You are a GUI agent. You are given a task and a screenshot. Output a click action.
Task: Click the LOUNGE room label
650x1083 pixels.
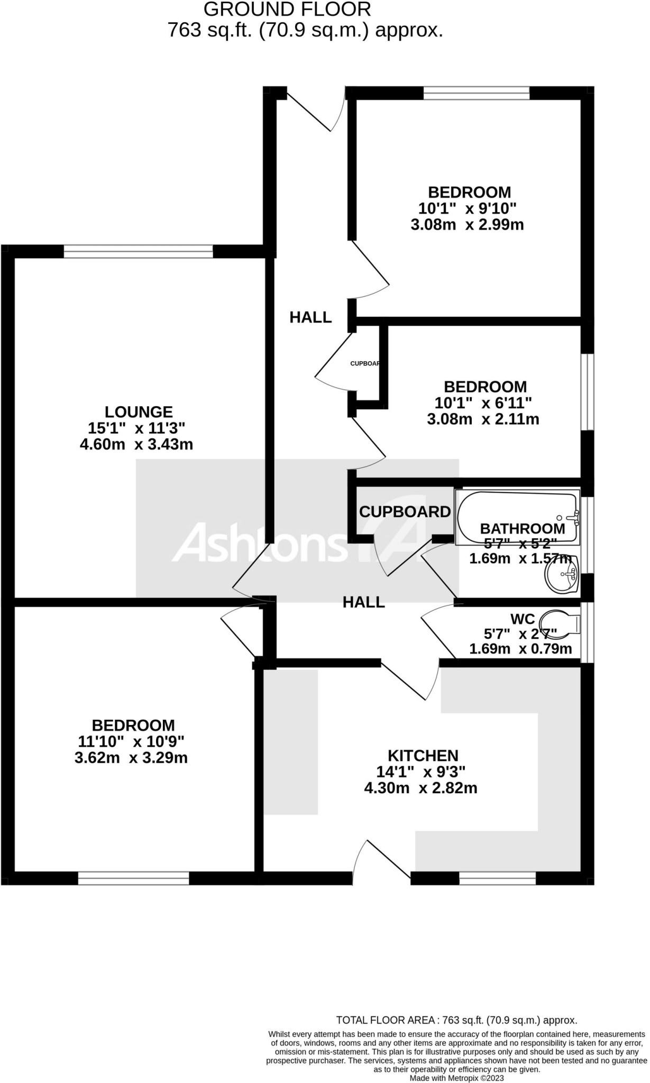pyautogui.click(x=139, y=412)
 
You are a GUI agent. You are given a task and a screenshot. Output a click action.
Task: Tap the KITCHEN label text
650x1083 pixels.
pyautogui.click(x=423, y=756)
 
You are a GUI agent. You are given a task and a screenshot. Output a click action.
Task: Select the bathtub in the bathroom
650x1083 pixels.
pyautogui.click(x=516, y=517)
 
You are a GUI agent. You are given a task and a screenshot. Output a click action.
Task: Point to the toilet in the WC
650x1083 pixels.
pyautogui.click(x=562, y=625)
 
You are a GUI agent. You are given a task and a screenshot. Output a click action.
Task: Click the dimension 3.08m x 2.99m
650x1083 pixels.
pyautogui.click(x=467, y=225)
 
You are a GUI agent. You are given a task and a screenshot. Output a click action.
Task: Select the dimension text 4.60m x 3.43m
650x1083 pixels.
pyautogui.click(x=136, y=444)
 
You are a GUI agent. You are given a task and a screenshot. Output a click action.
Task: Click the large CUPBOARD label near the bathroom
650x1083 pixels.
pyautogui.click(x=405, y=512)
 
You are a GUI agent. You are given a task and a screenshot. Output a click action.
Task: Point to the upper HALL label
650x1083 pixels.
pyautogui.click(x=310, y=317)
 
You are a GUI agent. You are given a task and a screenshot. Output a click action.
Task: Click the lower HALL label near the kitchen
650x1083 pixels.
pyautogui.click(x=363, y=602)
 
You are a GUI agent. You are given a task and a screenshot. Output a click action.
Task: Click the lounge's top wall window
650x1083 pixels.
pyautogui.click(x=138, y=251)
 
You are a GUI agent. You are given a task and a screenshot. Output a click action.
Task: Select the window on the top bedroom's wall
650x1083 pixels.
pyautogui.click(x=476, y=93)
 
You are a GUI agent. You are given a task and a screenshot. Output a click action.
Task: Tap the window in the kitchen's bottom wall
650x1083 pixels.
pyautogui.click(x=497, y=878)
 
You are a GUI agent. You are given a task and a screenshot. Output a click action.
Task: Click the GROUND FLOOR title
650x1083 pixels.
pyautogui.click(x=287, y=10)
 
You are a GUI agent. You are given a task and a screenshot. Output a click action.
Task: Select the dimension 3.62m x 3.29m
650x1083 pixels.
pyautogui.click(x=131, y=758)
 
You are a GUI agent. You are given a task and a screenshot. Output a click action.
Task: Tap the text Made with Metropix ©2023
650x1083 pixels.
pyautogui.click(x=456, y=1078)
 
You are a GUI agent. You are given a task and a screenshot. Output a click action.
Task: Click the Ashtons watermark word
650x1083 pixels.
pyautogui.click(x=258, y=543)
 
